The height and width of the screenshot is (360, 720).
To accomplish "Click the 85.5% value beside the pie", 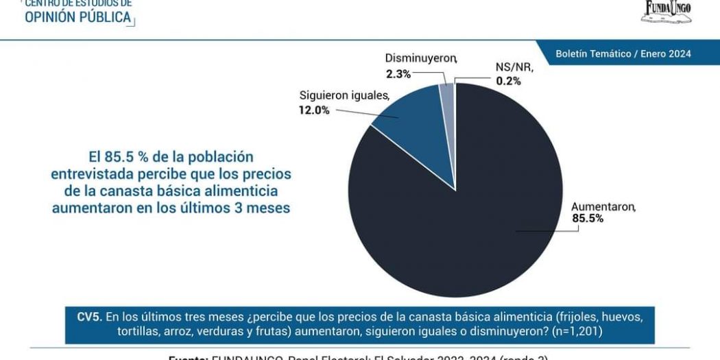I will click(588, 219).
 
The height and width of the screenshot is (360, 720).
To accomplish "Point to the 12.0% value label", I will click(313, 110).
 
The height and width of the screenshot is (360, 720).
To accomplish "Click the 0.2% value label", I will click(509, 81).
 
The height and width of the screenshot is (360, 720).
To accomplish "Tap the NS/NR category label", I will click(514, 67).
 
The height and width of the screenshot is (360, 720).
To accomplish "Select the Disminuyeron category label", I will click(420, 58).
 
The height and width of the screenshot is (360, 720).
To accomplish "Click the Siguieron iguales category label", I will click(344, 95).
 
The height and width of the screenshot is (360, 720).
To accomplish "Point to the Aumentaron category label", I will click(603, 206).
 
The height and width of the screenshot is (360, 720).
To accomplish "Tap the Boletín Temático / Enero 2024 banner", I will click(623, 53).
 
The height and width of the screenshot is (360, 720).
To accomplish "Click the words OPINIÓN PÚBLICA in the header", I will click(77, 17).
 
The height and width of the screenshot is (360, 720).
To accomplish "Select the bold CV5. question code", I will click(90, 317).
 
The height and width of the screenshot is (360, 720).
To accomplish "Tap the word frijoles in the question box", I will click(574, 317).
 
